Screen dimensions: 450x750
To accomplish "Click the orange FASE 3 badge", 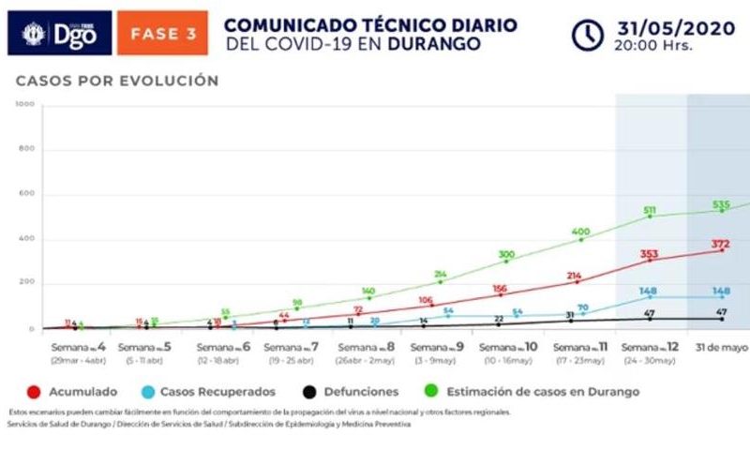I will coord(162,34).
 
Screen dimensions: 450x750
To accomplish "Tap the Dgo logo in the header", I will coord(59,34).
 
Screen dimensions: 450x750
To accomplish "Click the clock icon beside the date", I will coord(588,34).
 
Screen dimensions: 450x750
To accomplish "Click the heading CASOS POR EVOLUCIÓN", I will coord(116,82).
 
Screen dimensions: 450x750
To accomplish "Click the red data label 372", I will coord(720,244).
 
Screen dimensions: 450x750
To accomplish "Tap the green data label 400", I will coord(581,232).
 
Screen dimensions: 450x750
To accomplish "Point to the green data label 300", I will coord(506,254).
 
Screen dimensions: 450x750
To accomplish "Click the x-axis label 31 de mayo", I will coord(720,348).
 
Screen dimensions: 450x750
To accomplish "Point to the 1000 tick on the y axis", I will coord(24,105).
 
